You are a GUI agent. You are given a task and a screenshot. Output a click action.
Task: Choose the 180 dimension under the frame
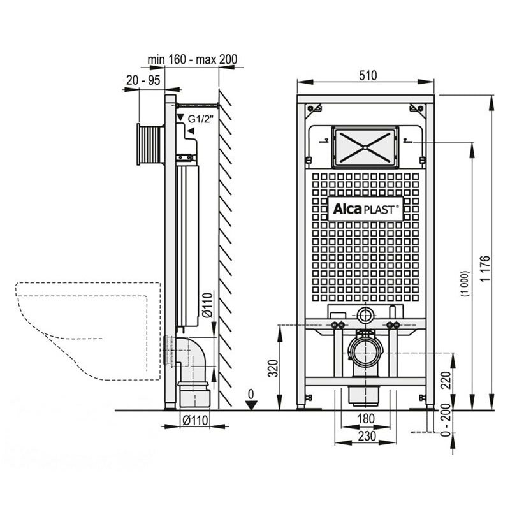coord(366,418)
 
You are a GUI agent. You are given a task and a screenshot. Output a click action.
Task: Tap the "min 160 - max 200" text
coord(193,60)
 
